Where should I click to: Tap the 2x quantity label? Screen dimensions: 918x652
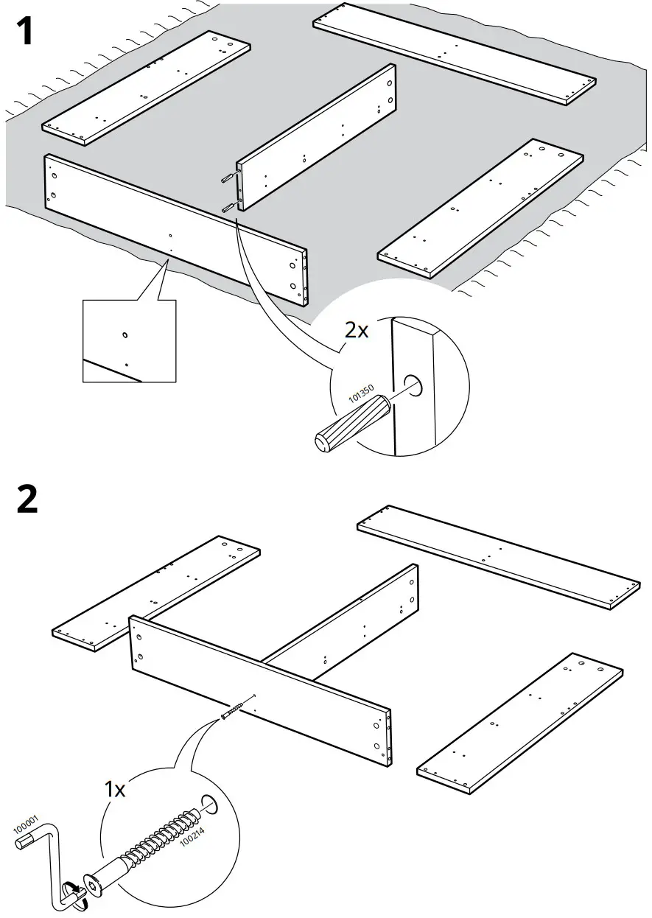point(357,329)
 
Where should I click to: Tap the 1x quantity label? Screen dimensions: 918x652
point(115,790)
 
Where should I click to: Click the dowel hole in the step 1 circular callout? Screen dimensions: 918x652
point(413,385)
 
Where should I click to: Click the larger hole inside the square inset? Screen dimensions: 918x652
point(125,335)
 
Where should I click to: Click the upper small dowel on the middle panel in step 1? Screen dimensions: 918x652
point(228,178)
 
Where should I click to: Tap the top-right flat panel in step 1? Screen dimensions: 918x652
point(454,56)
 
